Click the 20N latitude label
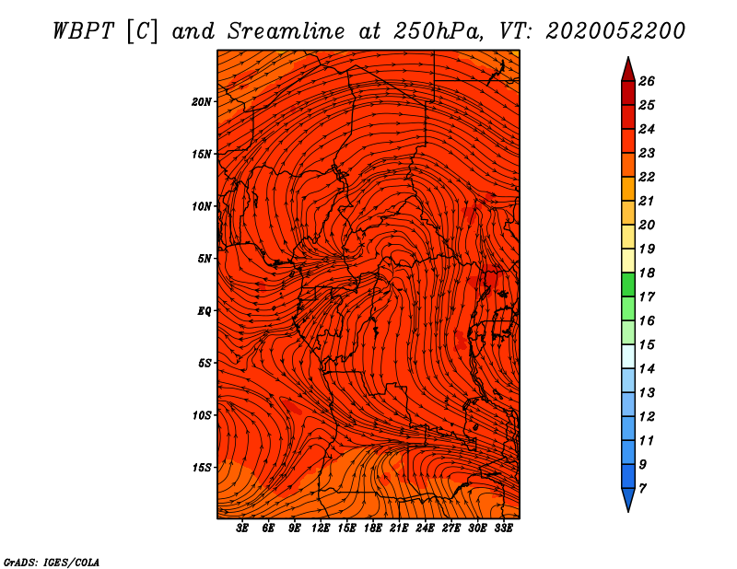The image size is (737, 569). coord(202,102)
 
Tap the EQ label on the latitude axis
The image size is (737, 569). coord(205,311)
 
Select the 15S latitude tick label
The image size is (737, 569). coord(202,468)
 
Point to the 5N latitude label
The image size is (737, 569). coord(205,259)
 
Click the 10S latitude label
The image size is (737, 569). coord(202,415)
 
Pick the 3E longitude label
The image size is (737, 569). coord(242,528)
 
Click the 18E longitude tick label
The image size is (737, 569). coord(372,528)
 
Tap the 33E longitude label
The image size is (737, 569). coord(503,528)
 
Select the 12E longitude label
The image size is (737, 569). coord(320,528)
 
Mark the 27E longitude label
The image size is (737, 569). coord(450,528)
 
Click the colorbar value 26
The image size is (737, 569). coord(647,81)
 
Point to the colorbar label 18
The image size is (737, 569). coord(647,273)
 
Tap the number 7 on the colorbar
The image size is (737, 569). coord(642,489)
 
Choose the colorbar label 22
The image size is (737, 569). coord(647,177)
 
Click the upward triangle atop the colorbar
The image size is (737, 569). coord(628,70)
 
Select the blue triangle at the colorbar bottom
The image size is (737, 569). coord(628,499)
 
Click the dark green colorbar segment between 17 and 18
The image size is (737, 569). coord(628,284)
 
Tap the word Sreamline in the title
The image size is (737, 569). coord(287,31)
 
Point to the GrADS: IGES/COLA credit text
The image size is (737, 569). coord(52,563)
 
